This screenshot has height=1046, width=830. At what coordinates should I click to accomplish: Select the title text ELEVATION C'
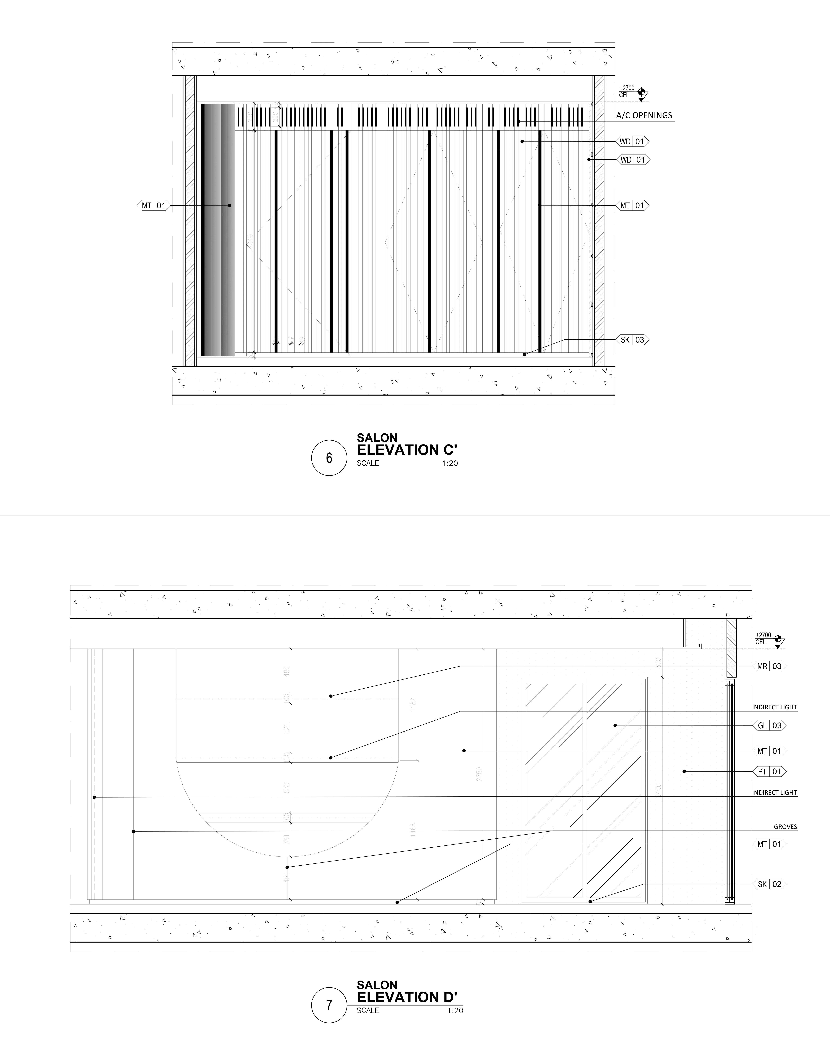point(407,450)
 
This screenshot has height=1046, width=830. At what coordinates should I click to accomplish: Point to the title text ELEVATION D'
point(407,997)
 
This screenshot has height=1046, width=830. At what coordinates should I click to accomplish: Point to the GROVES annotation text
point(785,827)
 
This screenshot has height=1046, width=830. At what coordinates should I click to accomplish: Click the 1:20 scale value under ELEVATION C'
point(450,463)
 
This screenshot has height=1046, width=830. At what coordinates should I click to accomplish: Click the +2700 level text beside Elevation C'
point(627,88)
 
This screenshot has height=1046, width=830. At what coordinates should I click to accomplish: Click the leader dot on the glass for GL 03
point(615,725)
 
